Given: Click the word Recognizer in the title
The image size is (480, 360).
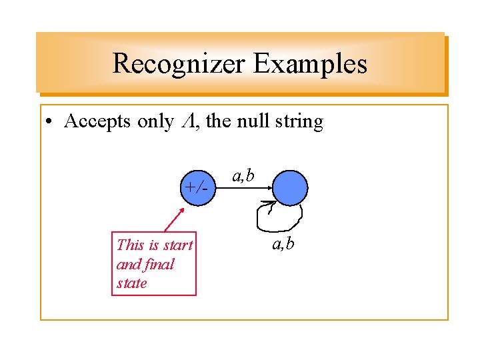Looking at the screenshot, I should click(x=179, y=64).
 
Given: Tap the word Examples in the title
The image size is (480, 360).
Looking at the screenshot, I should click(x=310, y=64).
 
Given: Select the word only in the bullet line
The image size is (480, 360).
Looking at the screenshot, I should click(x=155, y=122).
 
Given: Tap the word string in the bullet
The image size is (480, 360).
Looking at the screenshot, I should click(x=299, y=123).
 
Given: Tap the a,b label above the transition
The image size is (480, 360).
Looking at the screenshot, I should click(x=242, y=176).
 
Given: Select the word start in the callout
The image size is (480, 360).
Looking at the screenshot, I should click(x=177, y=245).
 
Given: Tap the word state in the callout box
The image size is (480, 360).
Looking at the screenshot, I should click(x=131, y=283).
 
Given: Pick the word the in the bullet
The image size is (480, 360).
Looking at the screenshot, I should click(x=218, y=122).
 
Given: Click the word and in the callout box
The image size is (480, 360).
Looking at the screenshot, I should click(x=127, y=264).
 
